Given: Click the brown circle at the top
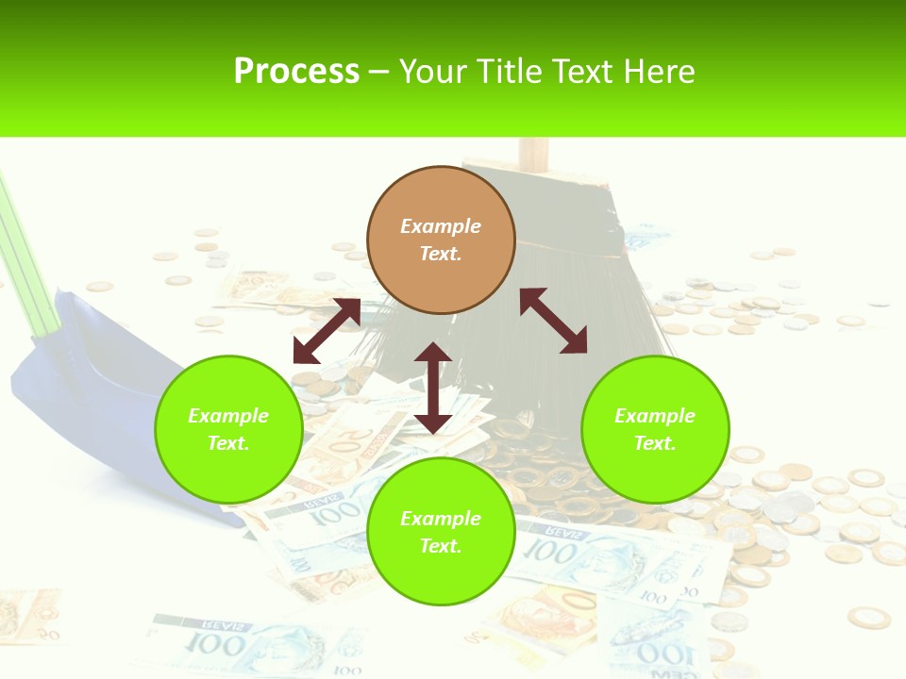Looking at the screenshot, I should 441,240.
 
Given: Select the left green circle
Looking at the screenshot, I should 228,429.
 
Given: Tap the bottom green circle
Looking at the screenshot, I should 441,532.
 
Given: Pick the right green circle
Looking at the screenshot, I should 655,429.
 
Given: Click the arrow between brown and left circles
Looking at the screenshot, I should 327,331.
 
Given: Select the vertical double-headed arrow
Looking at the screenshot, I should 433,389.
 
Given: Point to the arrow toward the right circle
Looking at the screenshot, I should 553,321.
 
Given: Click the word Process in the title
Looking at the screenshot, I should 296,71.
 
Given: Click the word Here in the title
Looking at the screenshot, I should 661,71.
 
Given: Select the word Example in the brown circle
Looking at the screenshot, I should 441,226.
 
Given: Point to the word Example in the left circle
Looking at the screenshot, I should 228,416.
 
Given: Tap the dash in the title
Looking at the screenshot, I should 379,71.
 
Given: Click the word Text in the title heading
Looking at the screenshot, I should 583,71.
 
